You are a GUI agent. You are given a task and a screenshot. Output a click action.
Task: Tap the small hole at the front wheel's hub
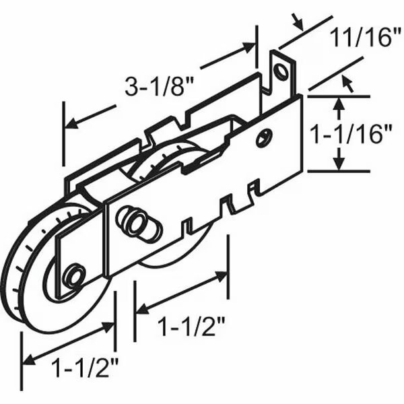pyautogui.click(x=73, y=275)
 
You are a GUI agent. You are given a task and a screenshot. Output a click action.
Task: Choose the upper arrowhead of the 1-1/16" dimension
pyautogui.click(x=340, y=102)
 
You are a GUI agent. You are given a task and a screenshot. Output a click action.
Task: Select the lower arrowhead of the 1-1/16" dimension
pyautogui.click(x=340, y=164)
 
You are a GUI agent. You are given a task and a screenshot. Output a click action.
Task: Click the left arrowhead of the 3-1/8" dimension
pyautogui.click(x=68, y=124)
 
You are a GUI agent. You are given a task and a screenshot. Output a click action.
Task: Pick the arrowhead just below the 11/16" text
pyautogui.click(x=348, y=81)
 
